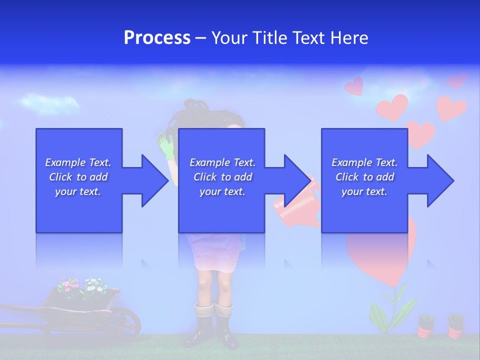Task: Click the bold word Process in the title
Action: (x=157, y=38)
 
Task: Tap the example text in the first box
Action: (x=78, y=177)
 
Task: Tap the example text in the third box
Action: (x=364, y=177)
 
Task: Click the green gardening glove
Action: (x=165, y=144)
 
